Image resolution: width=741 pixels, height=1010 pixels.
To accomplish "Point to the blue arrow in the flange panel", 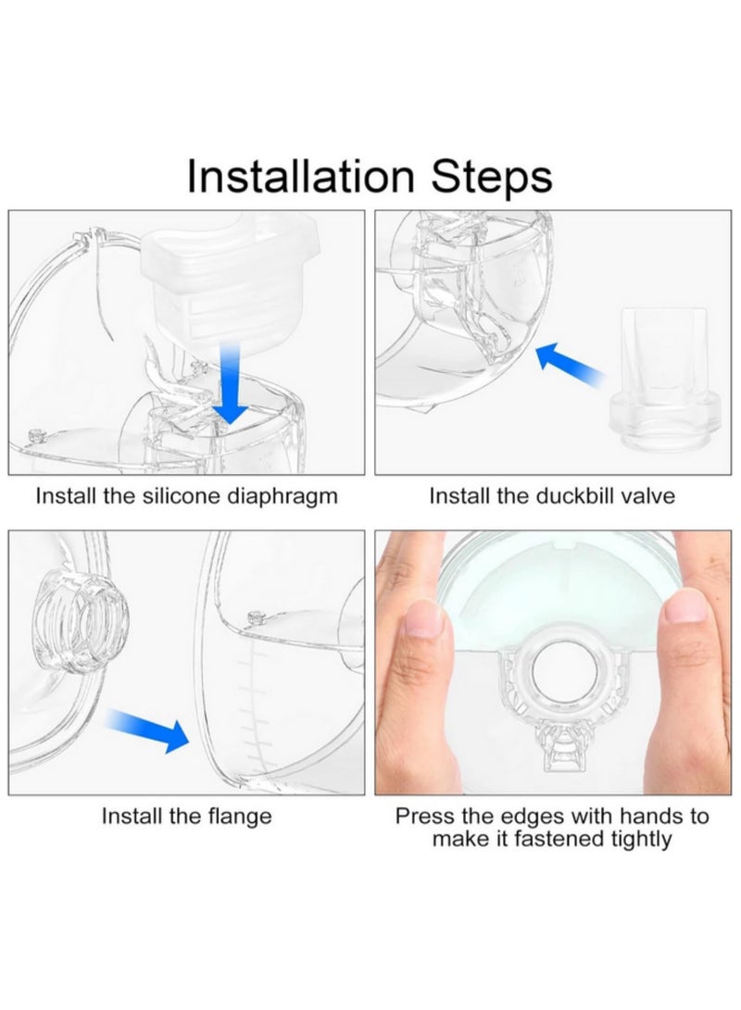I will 147,727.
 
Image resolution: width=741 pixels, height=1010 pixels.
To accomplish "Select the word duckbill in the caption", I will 571,496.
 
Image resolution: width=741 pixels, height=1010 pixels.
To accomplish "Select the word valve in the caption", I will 647,496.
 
